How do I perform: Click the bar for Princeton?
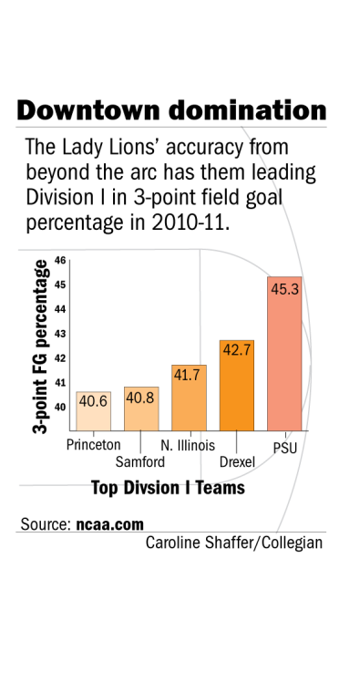(93, 411)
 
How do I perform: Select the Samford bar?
(140, 409)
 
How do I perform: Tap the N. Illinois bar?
(189, 398)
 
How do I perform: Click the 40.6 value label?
(93, 401)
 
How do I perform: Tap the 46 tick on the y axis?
(60, 260)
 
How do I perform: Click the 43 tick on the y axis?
(60, 334)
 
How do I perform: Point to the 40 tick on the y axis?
(60, 408)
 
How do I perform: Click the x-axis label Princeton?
(94, 445)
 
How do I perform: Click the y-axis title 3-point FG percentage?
(42, 346)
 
